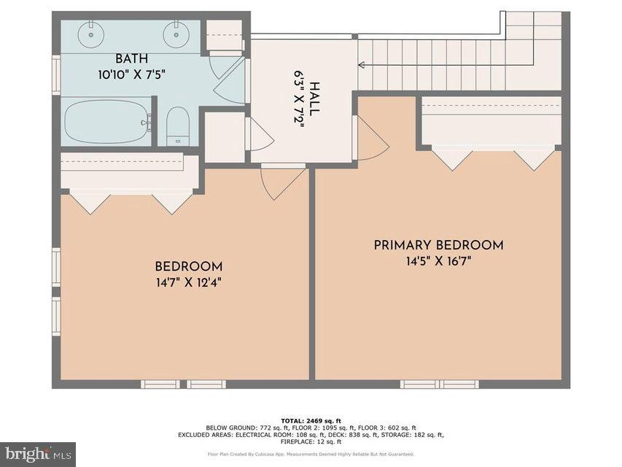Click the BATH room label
coord(131,58)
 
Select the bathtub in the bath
coord(107,122)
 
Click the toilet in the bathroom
coord(178,126)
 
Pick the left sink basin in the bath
coord(90,33)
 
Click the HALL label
coord(314,98)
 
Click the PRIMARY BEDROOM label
coord(438,245)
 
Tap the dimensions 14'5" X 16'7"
coord(438,262)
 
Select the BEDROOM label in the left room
coord(188,266)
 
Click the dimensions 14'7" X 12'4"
coord(188,282)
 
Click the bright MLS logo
coord(38,454)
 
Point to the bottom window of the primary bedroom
coord(439,384)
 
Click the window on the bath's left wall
coord(56,75)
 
